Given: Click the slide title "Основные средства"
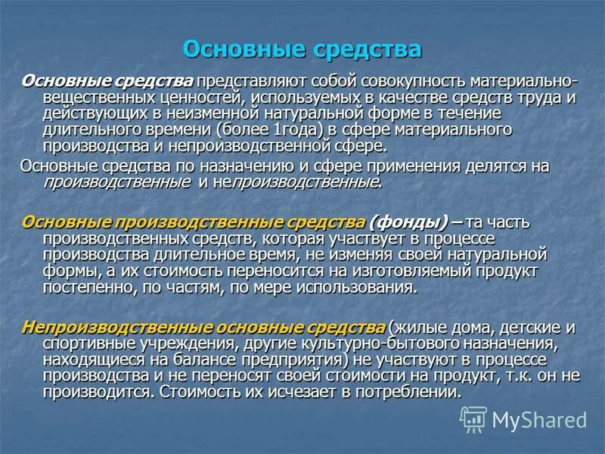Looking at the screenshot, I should (302, 49).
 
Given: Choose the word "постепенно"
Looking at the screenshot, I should (87, 288).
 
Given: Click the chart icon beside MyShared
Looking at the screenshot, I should (473, 418).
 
